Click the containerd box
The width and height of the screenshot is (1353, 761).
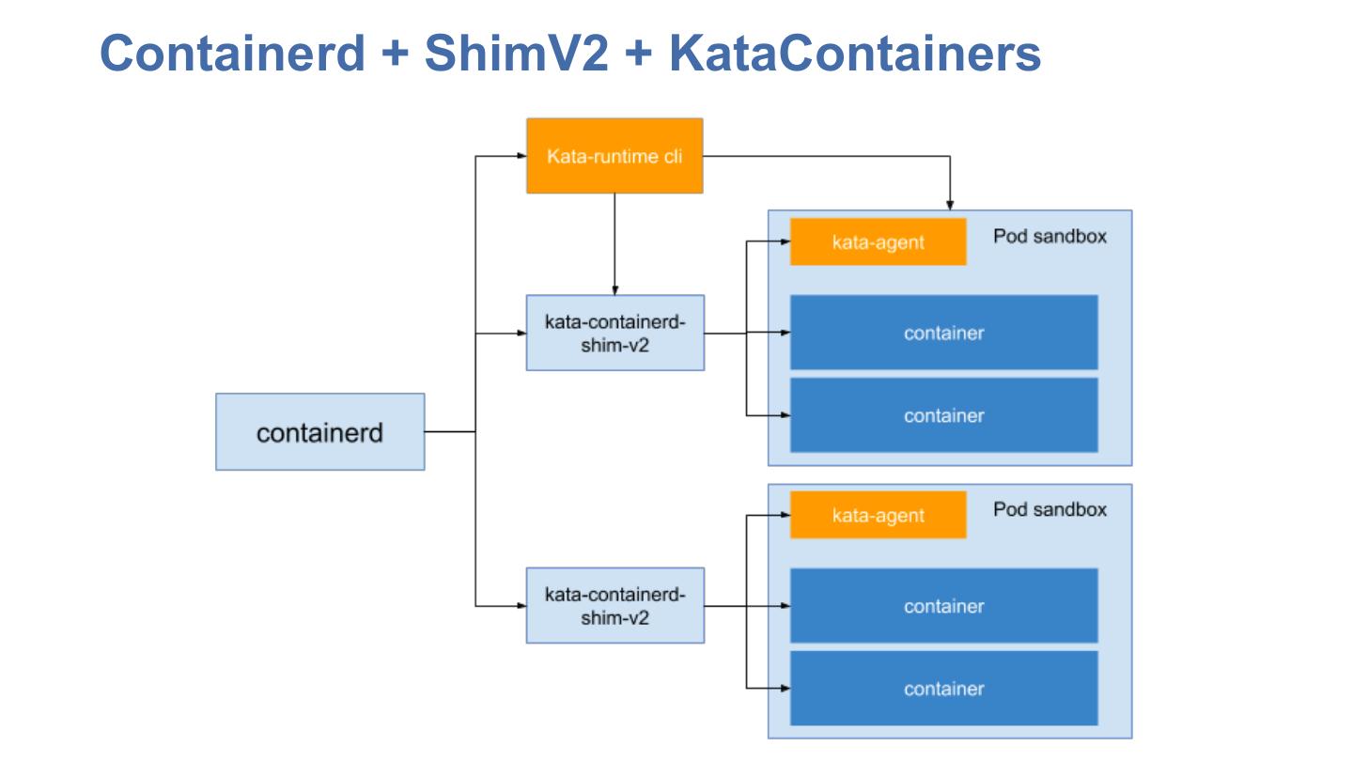(319, 432)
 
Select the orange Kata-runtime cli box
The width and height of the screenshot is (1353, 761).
(614, 156)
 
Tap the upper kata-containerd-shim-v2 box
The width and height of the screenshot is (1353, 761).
(614, 334)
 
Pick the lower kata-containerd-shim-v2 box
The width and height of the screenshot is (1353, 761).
(614, 606)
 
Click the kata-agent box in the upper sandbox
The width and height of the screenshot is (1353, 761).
(878, 242)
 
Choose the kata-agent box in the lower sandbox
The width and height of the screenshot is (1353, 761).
(878, 516)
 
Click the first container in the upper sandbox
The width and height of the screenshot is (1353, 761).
(943, 333)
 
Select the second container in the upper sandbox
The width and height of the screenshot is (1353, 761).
(943, 415)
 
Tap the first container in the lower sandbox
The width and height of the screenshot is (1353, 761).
(943, 606)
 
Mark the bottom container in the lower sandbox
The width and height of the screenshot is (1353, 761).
(943, 689)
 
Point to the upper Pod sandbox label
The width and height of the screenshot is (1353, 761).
(1050, 236)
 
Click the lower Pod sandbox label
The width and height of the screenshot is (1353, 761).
(1050, 509)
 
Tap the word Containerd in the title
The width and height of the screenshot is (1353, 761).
(231, 53)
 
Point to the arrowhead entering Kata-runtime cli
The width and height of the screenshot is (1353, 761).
(521, 156)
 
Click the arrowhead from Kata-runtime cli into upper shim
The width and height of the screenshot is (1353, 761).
(614, 289)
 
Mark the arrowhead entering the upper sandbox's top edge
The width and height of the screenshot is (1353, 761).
(950, 205)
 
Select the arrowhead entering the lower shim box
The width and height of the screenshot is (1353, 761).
(521, 606)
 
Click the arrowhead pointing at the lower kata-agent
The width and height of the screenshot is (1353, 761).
(785, 516)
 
